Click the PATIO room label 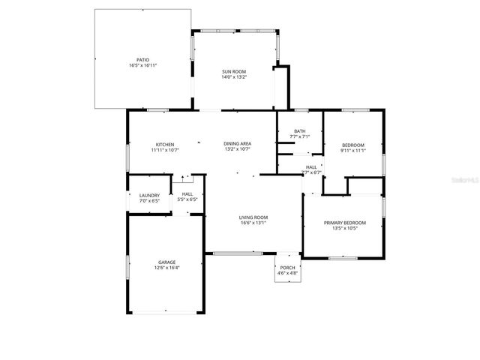142,59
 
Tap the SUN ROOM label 234,71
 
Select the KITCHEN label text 165,144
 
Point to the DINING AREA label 237,143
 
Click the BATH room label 299,130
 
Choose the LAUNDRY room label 149,196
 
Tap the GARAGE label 166,262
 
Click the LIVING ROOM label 253,217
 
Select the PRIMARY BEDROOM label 345,223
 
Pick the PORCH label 287,268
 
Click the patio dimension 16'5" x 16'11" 142,65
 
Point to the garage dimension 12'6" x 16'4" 166,268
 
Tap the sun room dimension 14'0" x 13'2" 234,77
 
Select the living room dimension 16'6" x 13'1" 253,223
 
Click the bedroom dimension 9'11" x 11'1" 352,150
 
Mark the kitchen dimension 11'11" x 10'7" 165,150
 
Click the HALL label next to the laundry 187,193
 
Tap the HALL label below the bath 311,166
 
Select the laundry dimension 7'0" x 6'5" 149,202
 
